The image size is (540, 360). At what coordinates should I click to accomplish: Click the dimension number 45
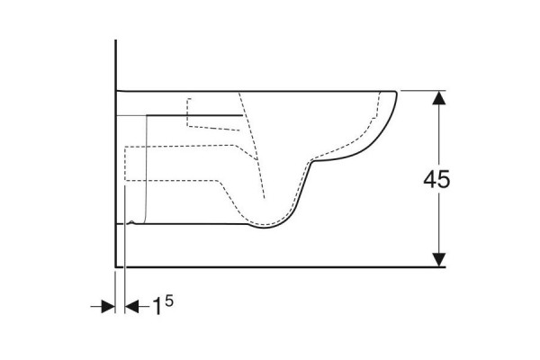(x=436, y=179)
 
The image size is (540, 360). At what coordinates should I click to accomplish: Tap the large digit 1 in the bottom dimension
(x=157, y=306)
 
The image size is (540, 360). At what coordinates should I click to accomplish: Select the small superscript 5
(x=169, y=301)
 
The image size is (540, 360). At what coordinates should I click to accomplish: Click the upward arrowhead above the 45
(x=439, y=98)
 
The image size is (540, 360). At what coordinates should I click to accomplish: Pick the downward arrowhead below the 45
(x=439, y=259)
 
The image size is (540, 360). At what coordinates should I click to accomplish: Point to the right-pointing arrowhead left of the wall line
(x=108, y=306)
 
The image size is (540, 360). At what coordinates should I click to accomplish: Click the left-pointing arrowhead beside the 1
(x=131, y=306)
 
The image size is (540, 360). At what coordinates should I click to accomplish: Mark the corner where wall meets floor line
(x=116, y=266)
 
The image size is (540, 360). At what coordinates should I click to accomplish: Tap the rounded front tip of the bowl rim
(x=396, y=93)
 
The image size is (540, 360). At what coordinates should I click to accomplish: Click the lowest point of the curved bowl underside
(x=265, y=228)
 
